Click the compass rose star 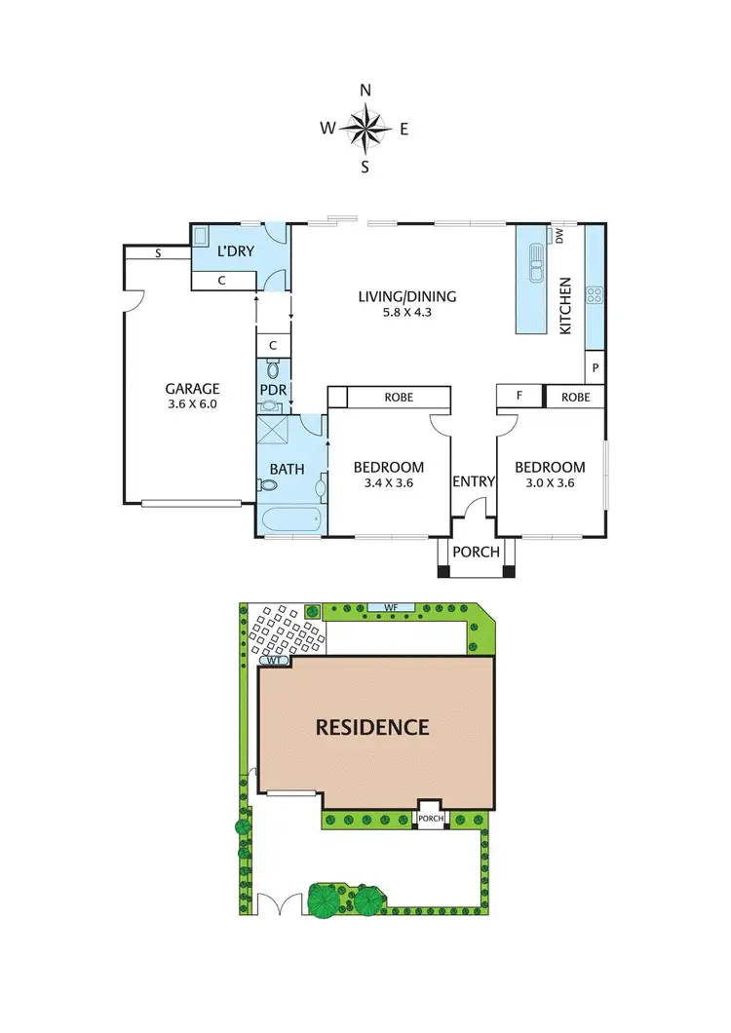(365, 128)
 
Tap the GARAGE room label (191, 388)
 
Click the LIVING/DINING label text (407, 297)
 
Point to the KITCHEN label (564, 306)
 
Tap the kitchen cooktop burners (594, 294)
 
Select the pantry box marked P (595, 367)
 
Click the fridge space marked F (519, 397)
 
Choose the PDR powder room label (271, 391)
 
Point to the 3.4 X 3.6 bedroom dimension (388, 481)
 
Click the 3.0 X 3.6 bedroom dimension (550, 481)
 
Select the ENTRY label (474, 481)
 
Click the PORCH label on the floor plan (476, 552)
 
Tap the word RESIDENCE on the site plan (371, 727)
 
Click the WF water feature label (391, 608)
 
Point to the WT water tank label (274, 662)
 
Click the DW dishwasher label (559, 235)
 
